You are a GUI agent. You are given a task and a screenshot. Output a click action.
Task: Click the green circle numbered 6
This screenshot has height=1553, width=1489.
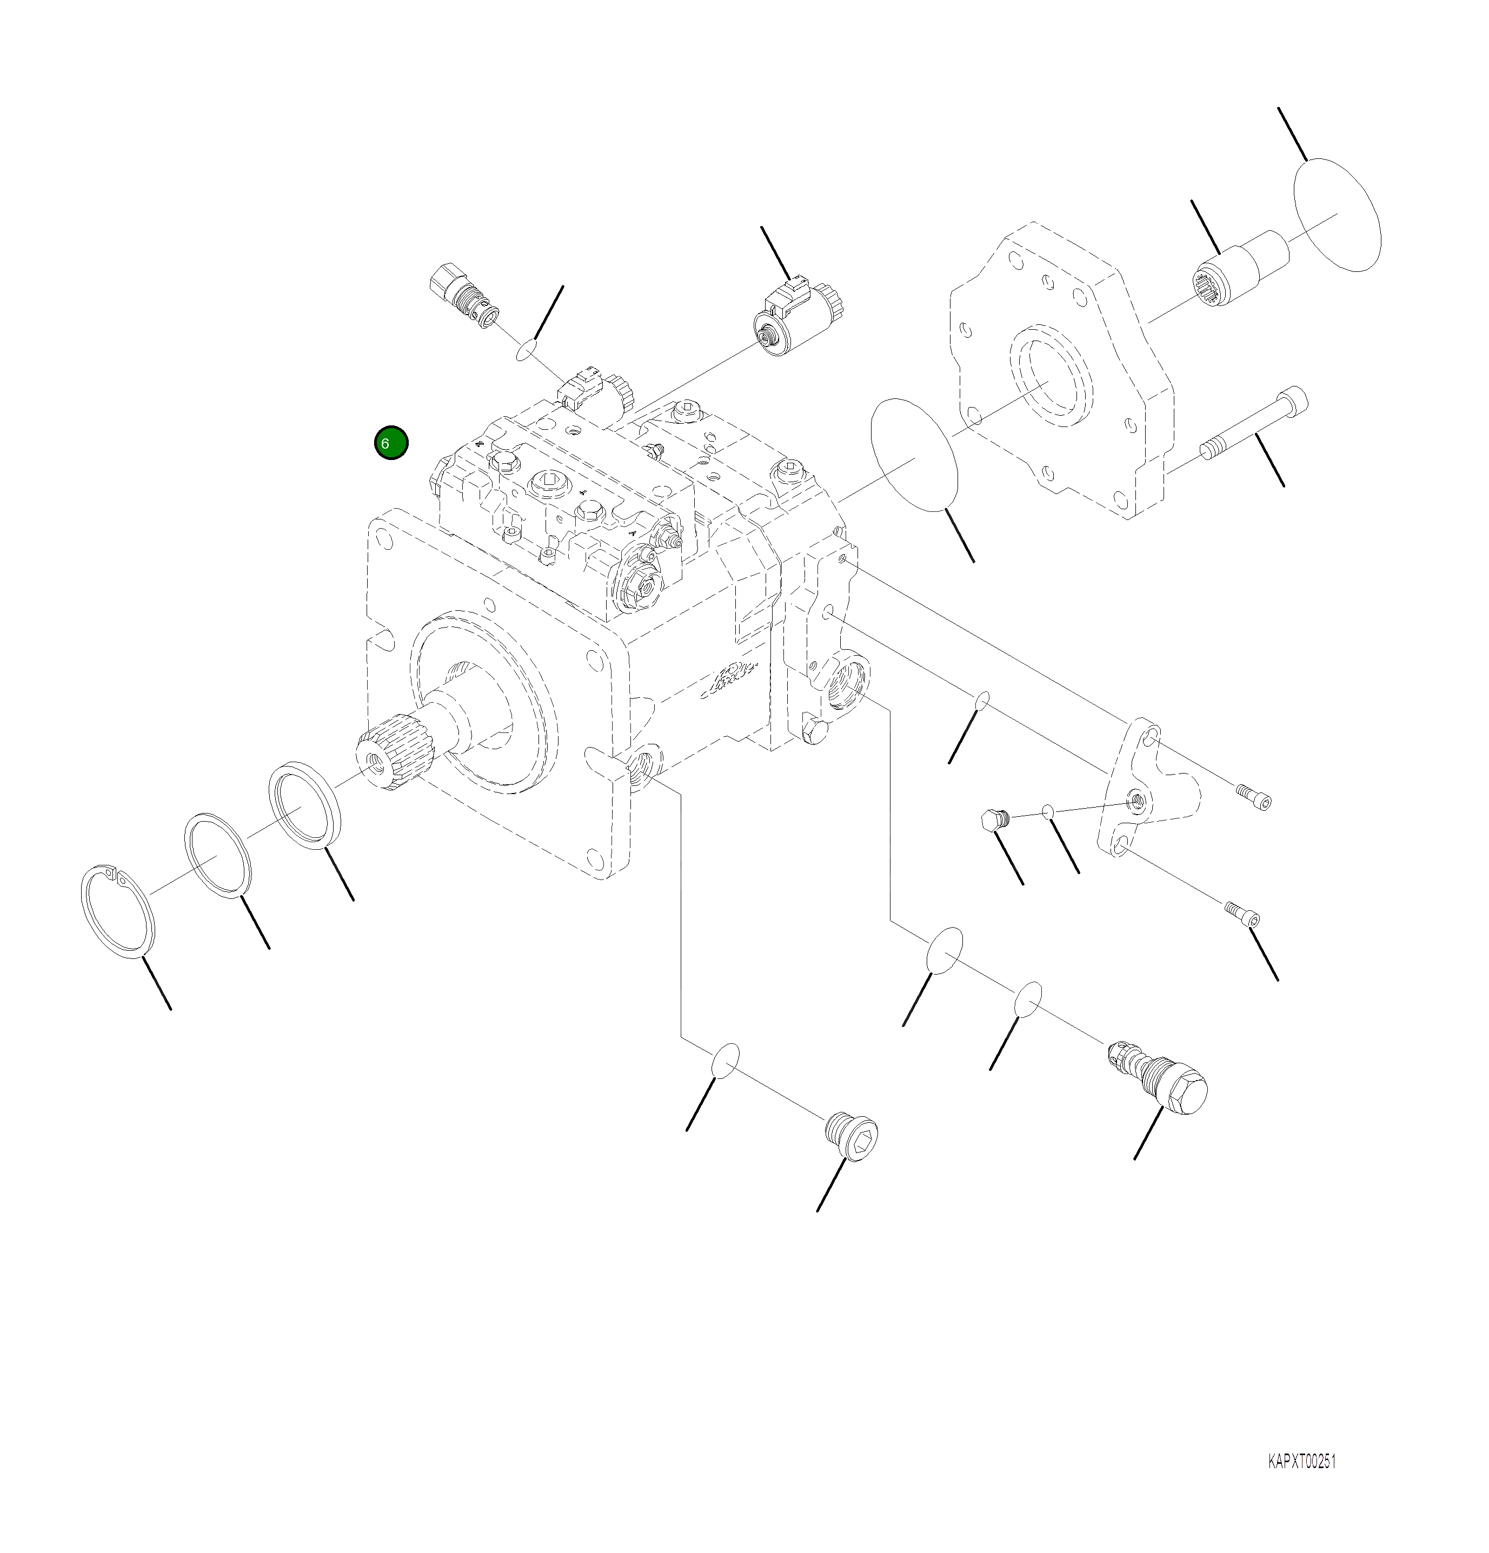click(x=391, y=443)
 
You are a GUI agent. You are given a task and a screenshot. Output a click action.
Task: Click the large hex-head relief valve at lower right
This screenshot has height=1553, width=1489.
click(x=1161, y=1079)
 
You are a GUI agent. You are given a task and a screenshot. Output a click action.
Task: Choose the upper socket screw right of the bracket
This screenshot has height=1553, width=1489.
click(x=1253, y=796)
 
